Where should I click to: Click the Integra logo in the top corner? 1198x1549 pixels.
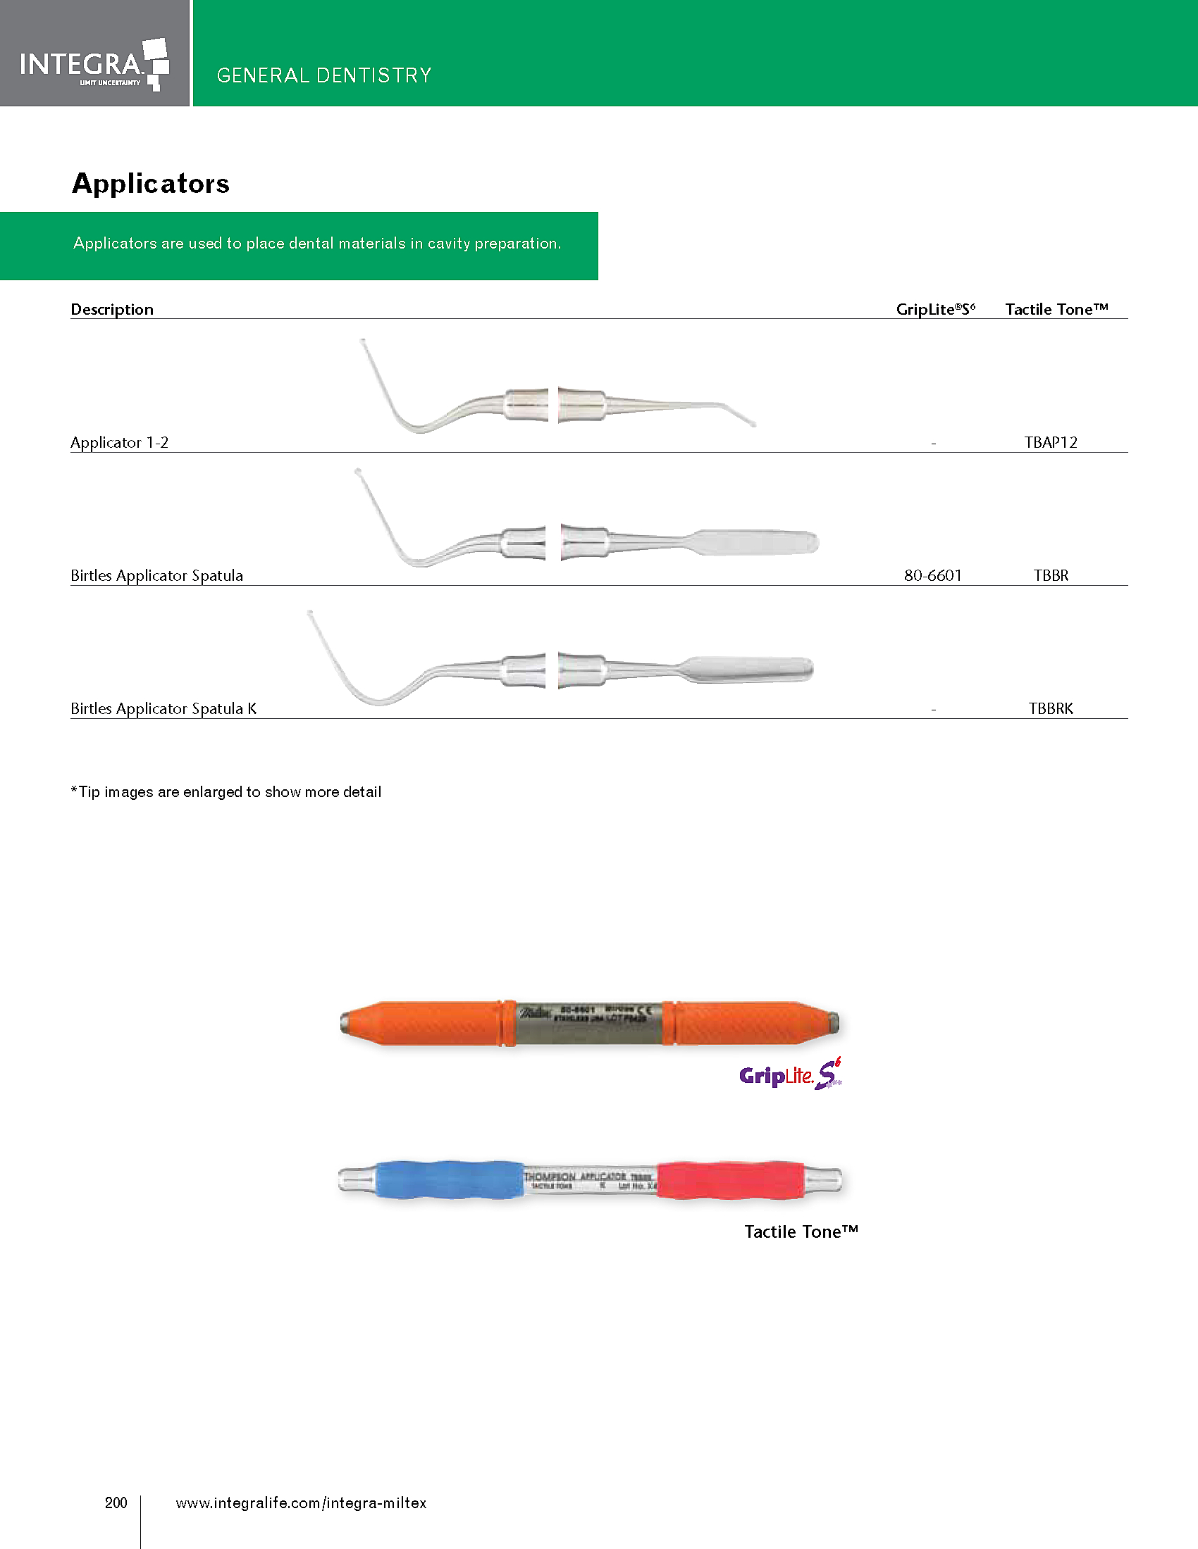click(x=94, y=64)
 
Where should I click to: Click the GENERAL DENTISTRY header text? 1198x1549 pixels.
click(x=324, y=75)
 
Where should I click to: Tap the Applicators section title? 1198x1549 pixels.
click(x=152, y=184)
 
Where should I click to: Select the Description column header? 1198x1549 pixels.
click(x=112, y=309)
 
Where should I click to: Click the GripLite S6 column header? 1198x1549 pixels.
click(x=935, y=309)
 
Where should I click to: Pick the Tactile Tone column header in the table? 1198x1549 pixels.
click(x=1057, y=309)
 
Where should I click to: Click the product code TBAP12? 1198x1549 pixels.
click(x=1051, y=443)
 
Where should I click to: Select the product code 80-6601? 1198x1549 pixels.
click(x=932, y=575)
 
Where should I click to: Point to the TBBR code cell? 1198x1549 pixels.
click(x=1051, y=575)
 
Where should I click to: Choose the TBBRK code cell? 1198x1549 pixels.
click(x=1051, y=708)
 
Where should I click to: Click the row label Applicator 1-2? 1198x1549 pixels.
click(x=119, y=443)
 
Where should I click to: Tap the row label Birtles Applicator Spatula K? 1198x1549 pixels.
click(x=163, y=708)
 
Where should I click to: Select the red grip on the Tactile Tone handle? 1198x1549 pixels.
click(x=731, y=1179)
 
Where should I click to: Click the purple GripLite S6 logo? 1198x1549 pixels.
click(x=790, y=1074)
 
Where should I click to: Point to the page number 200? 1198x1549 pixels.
click(x=116, y=1503)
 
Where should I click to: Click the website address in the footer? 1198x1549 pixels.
click(x=301, y=1503)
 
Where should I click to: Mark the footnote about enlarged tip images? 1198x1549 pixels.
click(x=226, y=791)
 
